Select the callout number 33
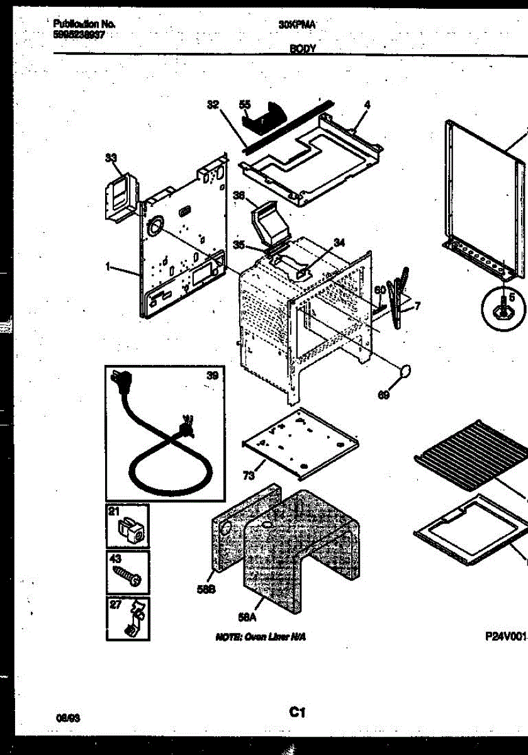111,159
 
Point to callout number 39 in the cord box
212,376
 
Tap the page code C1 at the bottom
297,713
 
